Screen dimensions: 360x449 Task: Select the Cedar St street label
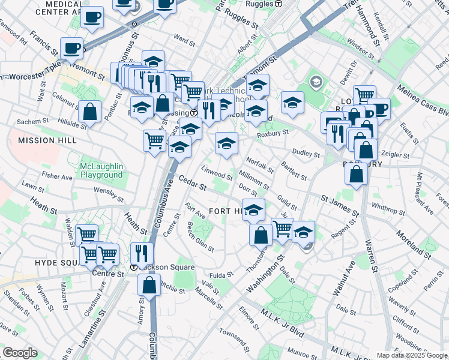pos(192,184)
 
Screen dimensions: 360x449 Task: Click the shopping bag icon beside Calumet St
pos(89,112)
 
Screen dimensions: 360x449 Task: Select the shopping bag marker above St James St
pos(357,174)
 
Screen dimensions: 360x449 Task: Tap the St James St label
pos(340,205)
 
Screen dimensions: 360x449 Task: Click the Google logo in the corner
pos(20,352)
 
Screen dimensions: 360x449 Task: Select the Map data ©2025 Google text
pos(411,355)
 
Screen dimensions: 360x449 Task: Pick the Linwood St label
pos(217,172)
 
